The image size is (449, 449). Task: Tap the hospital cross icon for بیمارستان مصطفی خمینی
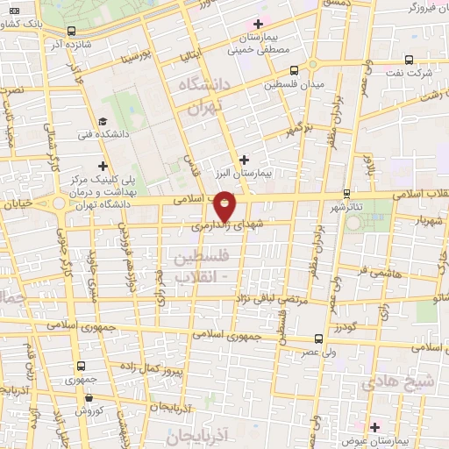click(257, 23)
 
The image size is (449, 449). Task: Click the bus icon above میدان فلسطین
click(293, 70)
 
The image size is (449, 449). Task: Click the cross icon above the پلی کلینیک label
click(103, 164)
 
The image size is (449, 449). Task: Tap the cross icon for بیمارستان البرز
click(243, 159)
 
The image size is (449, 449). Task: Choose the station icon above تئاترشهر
click(347, 192)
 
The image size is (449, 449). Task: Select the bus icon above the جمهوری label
click(81, 366)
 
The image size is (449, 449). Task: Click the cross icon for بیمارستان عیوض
click(375, 426)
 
